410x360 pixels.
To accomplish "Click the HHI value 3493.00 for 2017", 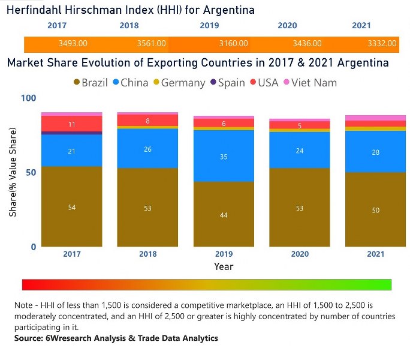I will (73, 44).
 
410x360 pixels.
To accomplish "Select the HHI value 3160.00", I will (230, 44).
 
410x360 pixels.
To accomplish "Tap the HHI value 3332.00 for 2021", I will (382, 44).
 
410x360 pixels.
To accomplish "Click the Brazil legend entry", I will (91, 83).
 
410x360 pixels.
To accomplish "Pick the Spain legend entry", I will (226, 83).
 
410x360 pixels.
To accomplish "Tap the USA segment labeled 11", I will (72, 124).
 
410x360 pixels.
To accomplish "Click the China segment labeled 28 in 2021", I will (375, 152).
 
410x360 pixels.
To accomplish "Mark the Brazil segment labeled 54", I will (72, 206).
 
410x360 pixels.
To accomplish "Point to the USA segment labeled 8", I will (147, 121).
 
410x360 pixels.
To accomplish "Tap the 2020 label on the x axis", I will (300, 254).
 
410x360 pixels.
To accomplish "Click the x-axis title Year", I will (224, 266).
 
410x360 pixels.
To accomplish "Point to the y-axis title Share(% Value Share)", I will (13, 172).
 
